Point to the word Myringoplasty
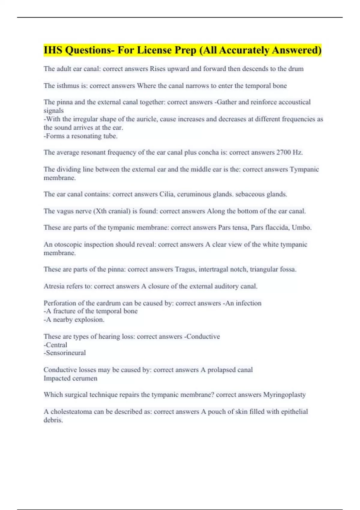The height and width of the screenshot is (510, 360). [x=284, y=395]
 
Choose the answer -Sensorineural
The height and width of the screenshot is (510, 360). [x=65, y=353]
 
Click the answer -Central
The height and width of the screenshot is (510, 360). [x=55, y=345]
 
